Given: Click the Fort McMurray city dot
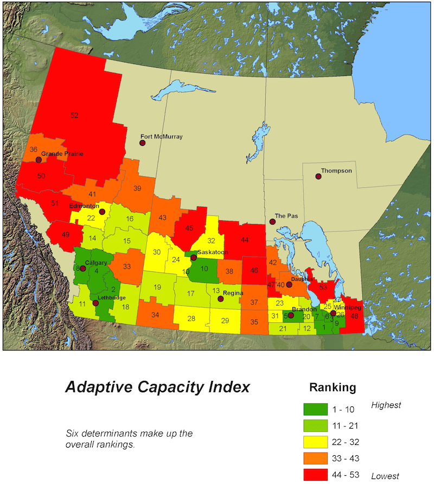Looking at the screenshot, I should coord(142,143).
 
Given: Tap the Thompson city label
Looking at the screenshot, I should coord(336,171).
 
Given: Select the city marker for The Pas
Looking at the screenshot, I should coord(272,221).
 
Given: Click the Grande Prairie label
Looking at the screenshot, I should coord(62,154).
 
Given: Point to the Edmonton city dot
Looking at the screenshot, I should coord(102,212).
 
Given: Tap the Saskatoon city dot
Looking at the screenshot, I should coord(193,258).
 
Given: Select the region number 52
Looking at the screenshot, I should coord(74,116).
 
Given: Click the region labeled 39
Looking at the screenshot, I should coord(137,188).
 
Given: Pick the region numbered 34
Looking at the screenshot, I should coord(155,315).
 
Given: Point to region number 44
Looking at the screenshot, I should coord(245,240).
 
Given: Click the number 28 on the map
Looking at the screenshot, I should coord(191,319).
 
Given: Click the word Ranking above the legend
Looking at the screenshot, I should coord(333,388).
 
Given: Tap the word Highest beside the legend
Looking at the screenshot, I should coord(386,405).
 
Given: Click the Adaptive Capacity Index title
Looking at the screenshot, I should coord(157,387).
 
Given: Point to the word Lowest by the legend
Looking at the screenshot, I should coord(385,476).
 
